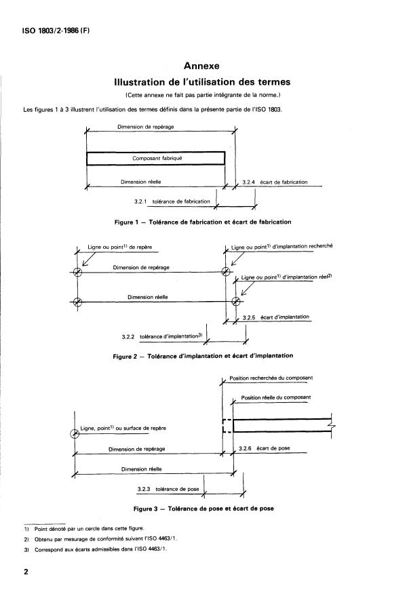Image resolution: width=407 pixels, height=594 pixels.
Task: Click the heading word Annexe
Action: pos(201,66)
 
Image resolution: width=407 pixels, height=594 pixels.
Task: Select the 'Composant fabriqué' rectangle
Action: pos(155,158)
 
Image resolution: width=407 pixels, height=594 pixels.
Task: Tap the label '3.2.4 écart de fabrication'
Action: pos(274,182)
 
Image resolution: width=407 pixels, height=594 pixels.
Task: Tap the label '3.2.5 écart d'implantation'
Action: pos(275,317)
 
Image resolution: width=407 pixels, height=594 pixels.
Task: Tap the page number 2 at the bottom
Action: pos(26,572)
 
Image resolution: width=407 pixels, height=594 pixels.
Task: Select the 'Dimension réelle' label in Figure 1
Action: pos(140,182)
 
